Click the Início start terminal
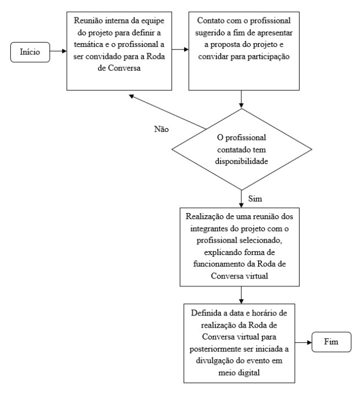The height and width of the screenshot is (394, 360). point(29,54)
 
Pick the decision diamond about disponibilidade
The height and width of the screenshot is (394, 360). point(241,148)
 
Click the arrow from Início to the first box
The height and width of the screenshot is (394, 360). point(58,54)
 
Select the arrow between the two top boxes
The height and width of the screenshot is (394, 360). point(181,54)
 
